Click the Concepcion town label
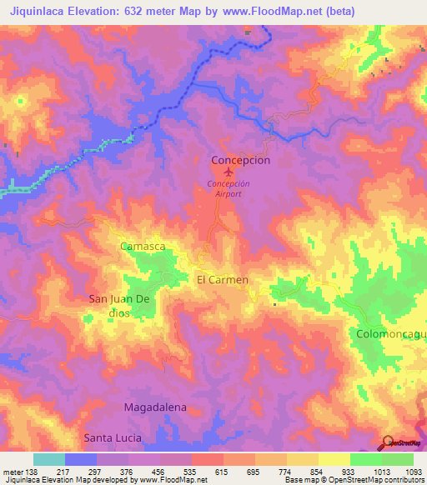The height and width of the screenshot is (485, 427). point(240,160)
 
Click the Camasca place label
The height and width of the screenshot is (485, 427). point(144,247)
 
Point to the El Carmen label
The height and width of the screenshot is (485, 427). point(222,280)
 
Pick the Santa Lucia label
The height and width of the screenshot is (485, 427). point(113,437)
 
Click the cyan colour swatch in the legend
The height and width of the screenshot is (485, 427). point(49,459)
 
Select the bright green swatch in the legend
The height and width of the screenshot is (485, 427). point(366,459)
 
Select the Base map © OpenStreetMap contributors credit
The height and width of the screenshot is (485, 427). point(354,480)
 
